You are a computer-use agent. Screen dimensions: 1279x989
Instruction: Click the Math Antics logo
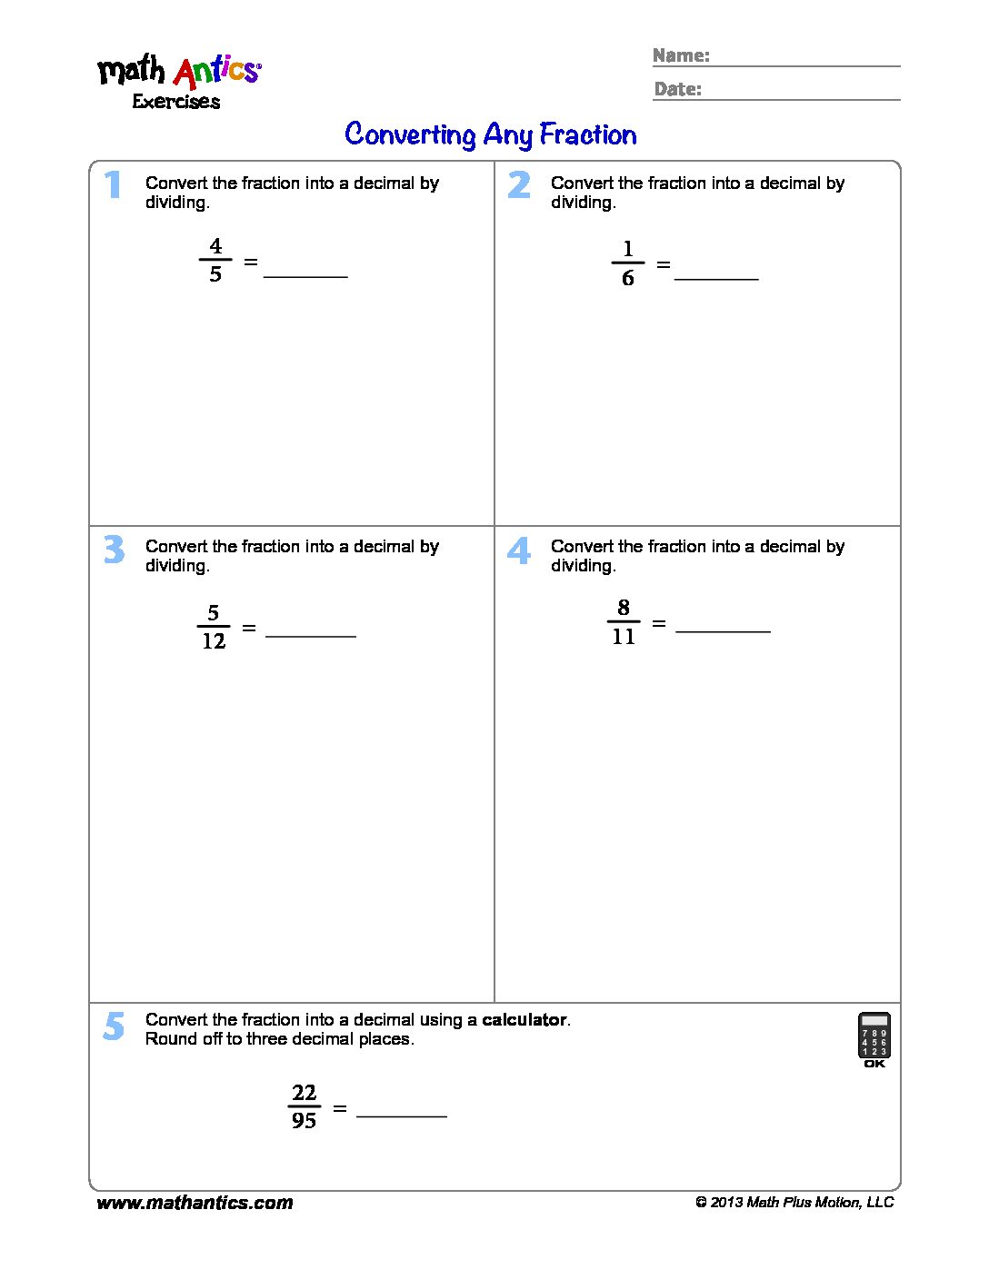(x=179, y=71)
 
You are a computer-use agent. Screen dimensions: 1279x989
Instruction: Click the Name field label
(x=681, y=55)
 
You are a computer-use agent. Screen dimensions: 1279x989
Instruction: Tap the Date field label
(x=677, y=89)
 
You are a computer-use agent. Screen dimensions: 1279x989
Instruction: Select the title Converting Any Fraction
(x=491, y=134)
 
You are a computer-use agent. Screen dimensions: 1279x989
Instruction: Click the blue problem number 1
(x=113, y=184)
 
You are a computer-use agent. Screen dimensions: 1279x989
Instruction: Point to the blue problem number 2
(x=519, y=184)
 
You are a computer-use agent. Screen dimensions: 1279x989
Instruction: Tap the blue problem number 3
(x=114, y=549)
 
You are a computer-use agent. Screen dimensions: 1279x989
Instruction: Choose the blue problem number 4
(x=519, y=550)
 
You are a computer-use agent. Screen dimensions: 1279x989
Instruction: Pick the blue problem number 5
(x=114, y=1026)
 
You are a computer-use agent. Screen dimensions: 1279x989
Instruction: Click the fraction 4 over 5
(x=215, y=260)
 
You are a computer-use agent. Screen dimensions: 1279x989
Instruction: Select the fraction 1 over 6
(x=627, y=263)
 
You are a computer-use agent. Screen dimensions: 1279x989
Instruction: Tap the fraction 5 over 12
(x=214, y=627)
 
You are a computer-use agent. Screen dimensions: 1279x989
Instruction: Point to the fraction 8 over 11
(x=624, y=622)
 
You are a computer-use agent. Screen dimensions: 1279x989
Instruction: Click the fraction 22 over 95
(x=304, y=1106)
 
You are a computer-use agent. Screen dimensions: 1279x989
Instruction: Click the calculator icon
(x=874, y=1037)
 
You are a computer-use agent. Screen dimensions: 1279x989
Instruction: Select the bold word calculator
(x=524, y=1020)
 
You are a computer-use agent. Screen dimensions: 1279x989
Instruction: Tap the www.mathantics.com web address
(x=195, y=1203)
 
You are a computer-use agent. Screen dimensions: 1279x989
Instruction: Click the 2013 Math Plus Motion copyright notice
(x=794, y=1203)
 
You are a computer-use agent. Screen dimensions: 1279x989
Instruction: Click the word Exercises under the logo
(x=176, y=102)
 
